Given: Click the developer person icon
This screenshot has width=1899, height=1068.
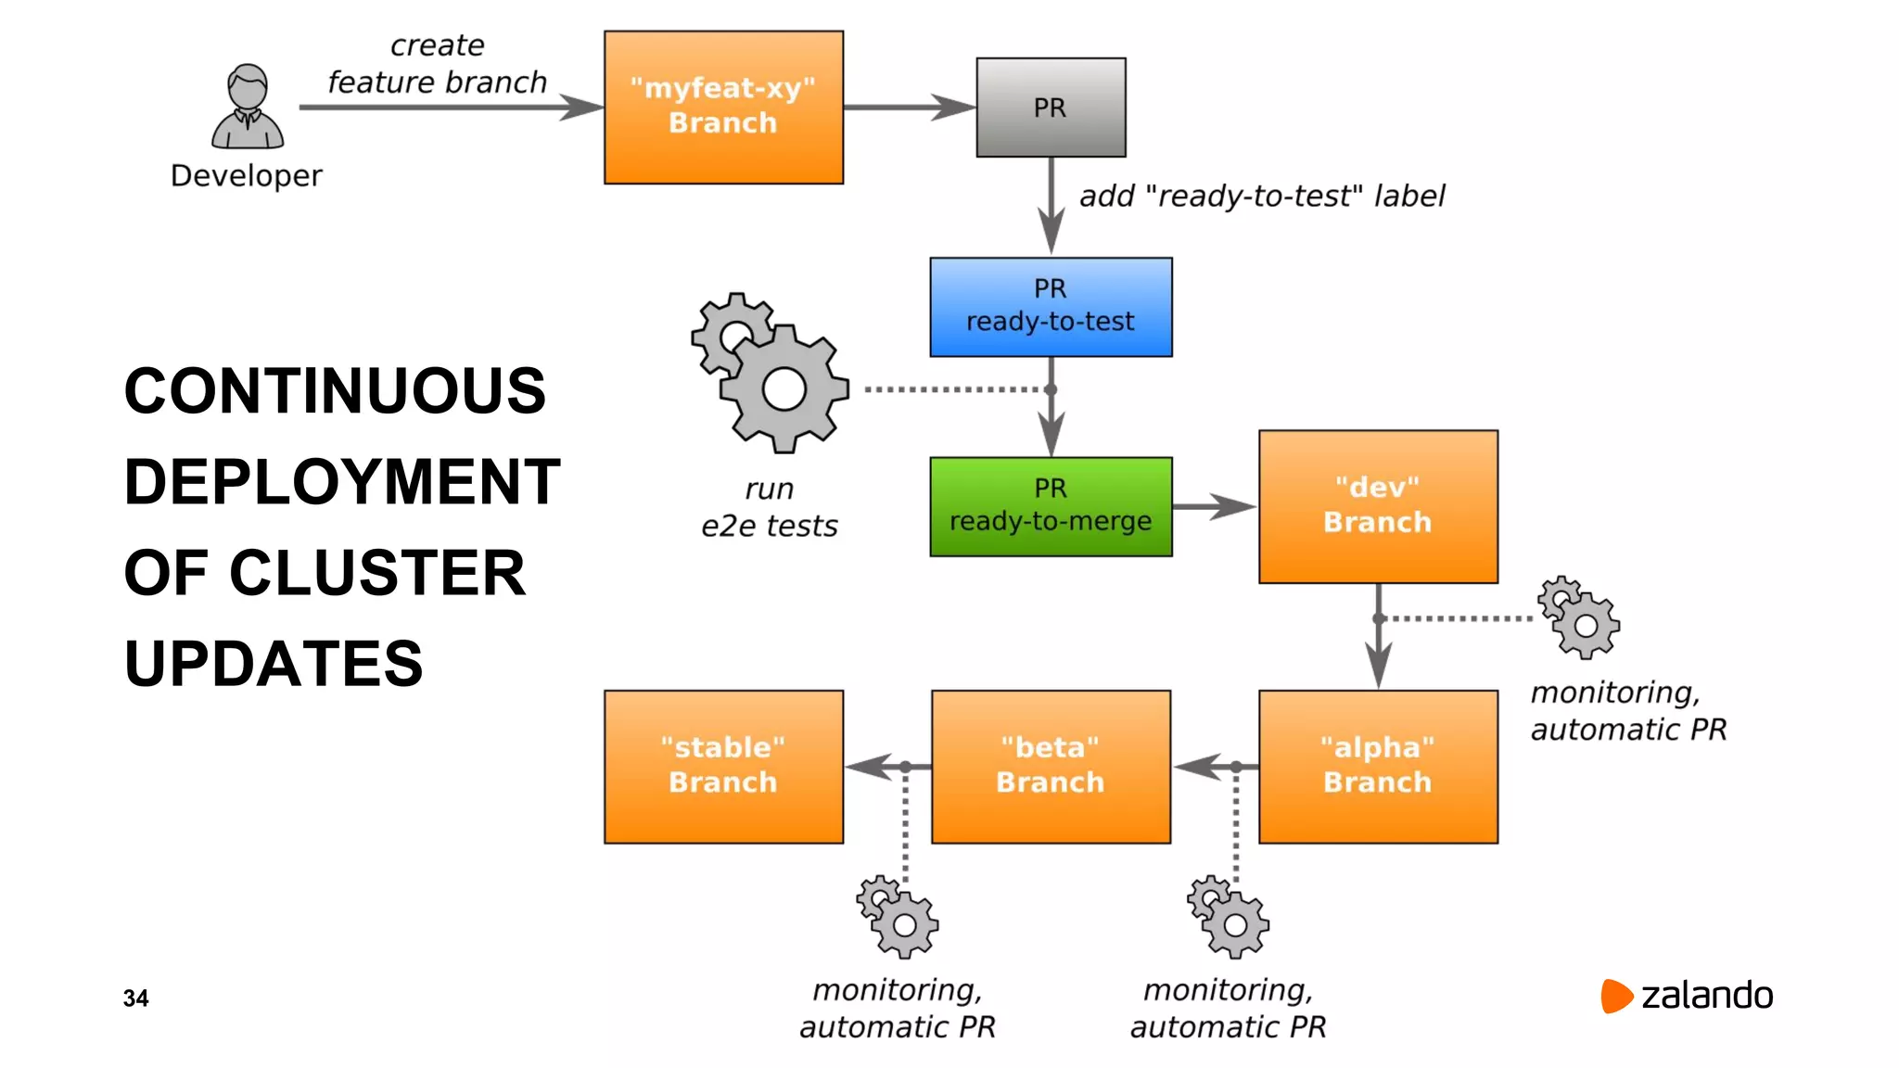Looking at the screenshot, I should [248, 108].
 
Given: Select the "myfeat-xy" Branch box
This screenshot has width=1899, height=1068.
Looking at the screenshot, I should [723, 108].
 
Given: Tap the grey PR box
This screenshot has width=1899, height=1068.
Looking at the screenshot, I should [1051, 108].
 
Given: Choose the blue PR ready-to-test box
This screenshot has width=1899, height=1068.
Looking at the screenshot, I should [1051, 307].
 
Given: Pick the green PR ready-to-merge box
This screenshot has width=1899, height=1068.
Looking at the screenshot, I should [1051, 506].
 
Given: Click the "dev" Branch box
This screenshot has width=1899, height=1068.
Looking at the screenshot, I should [1378, 506].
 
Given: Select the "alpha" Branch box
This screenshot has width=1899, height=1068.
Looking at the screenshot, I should [1378, 767].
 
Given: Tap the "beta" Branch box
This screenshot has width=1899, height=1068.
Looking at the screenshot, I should [1051, 767].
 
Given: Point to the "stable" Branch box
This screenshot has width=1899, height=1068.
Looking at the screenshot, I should [723, 767].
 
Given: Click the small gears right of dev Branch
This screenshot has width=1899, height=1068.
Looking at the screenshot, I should [1579, 617].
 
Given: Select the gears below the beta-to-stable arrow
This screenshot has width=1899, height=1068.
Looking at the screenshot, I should [898, 917].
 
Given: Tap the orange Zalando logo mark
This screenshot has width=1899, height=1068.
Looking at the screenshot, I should [1615, 996].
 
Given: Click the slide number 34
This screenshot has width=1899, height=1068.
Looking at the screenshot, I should [135, 998].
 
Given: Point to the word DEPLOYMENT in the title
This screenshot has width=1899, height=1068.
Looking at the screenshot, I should [342, 482].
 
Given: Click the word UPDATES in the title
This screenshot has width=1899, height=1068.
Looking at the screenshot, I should [274, 664].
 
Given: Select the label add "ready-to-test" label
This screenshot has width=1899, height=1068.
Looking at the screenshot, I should [1262, 196].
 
